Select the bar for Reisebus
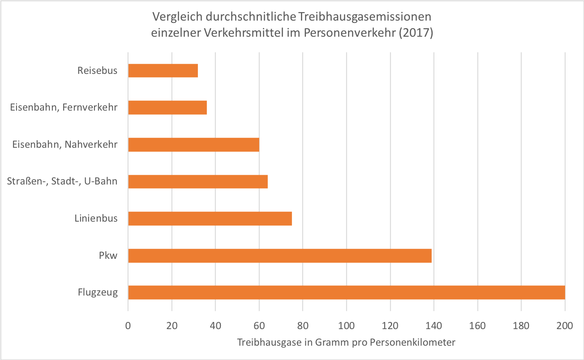pyautogui.click(x=163, y=71)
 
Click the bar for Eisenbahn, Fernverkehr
pyautogui.click(x=167, y=107)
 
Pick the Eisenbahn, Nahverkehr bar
pyautogui.click(x=193, y=145)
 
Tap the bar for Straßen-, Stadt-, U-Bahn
pyautogui.click(x=198, y=182)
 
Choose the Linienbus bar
pyautogui.click(x=210, y=219)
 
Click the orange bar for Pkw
pyautogui.click(x=280, y=256)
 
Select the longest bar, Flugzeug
pyautogui.click(x=347, y=292)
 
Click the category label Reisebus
pyautogui.click(x=97, y=71)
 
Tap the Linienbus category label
pyautogui.click(x=96, y=219)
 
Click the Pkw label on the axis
pyautogui.click(x=108, y=256)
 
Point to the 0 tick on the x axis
pyautogui.click(x=128, y=326)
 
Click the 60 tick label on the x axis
pyautogui.click(x=259, y=326)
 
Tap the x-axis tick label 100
pyautogui.click(x=347, y=326)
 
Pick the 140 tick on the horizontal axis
pyautogui.click(x=434, y=326)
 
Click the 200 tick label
pyautogui.click(x=565, y=326)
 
